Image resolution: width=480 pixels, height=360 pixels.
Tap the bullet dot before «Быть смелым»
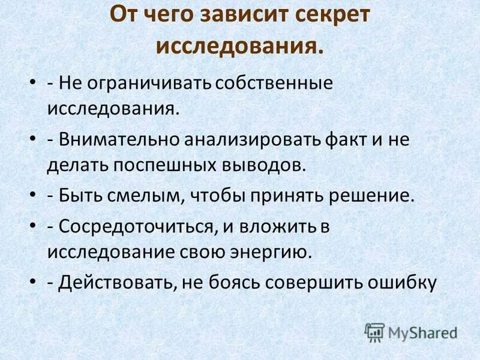[x=33, y=196]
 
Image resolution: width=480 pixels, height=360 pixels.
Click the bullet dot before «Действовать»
[x=33, y=282]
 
